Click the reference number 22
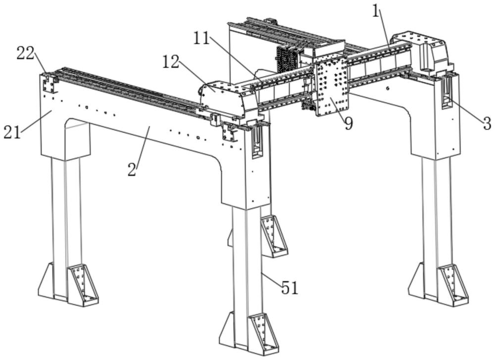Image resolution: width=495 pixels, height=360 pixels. [x=25, y=53]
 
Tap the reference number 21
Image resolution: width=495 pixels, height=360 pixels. [x=12, y=132]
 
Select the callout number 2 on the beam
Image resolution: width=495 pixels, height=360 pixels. [x=132, y=170]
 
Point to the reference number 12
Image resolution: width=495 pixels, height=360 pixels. [x=171, y=62]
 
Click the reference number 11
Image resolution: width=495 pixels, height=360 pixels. [x=202, y=39]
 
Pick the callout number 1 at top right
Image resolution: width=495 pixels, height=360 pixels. [x=375, y=12]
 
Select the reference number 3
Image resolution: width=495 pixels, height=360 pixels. [x=487, y=123]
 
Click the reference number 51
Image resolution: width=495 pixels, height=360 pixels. [x=290, y=288]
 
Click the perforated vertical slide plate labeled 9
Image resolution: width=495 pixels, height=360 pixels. [x=331, y=87]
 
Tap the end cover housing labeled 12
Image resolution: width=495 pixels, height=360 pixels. [x=223, y=98]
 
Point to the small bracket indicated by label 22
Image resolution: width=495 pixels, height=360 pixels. [x=49, y=83]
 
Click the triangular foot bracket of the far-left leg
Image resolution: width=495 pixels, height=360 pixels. [x=83, y=285]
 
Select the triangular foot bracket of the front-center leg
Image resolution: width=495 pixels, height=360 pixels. [x=263, y=335]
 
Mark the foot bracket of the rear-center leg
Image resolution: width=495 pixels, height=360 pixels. [x=274, y=236]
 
